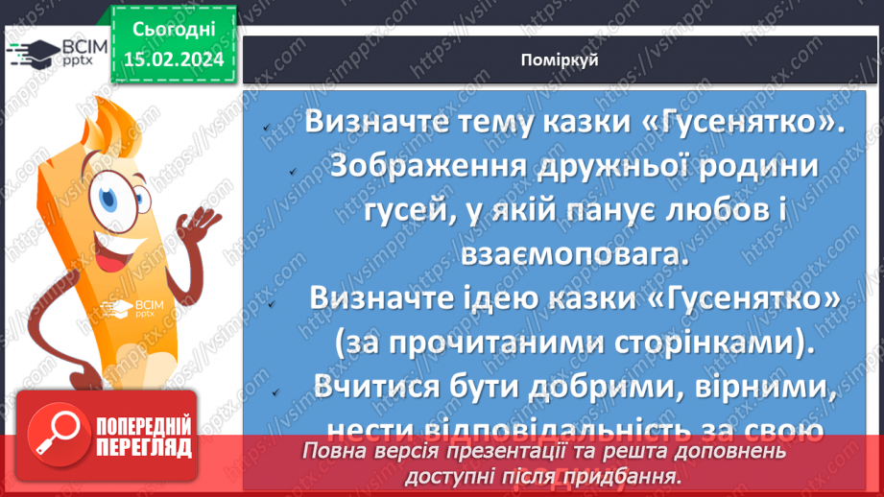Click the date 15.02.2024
tap(174, 59)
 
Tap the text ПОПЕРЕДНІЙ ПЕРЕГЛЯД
tap(141, 437)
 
